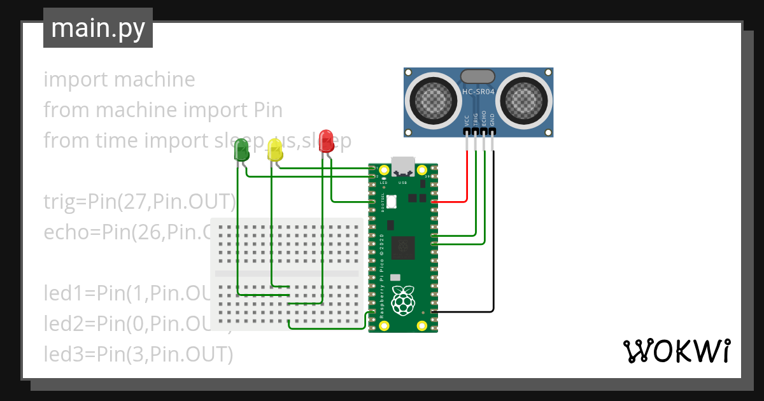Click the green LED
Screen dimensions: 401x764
pos(242,151)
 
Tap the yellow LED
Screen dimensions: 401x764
pos(275,150)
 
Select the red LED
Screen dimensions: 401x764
pos(327,141)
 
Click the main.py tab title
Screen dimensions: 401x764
pos(98,28)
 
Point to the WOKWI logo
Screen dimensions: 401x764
pos(676,351)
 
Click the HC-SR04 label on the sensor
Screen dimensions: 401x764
pos(478,92)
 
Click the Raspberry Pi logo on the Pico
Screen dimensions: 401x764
pos(402,300)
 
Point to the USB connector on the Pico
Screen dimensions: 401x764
pos(402,166)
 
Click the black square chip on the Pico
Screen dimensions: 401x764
pos(402,247)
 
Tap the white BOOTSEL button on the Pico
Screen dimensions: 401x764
pos(391,202)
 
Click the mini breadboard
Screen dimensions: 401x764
pos(286,274)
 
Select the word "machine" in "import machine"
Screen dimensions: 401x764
pos(155,80)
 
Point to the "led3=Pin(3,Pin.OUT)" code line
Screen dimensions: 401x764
pos(138,353)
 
